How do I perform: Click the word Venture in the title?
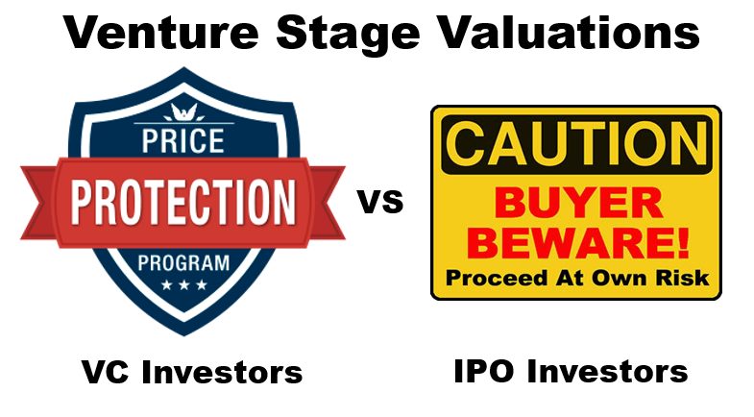tap(161, 33)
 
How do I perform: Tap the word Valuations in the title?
tap(570, 33)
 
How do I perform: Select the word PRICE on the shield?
tap(182, 140)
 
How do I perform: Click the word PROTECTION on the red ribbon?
tap(183, 203)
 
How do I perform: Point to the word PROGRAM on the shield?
tap(183, 263)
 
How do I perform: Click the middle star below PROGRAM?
tap(183, 284)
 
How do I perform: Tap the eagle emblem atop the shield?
tap(183, 112)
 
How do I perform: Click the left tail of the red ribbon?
tap(38, 203)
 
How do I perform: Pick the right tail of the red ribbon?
tap(328, 203)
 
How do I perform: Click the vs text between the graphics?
tap(380, 201)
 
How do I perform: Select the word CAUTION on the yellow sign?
tap(576, 143)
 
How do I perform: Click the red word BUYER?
tap(579, 203)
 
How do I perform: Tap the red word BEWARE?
tap(576, 242)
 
